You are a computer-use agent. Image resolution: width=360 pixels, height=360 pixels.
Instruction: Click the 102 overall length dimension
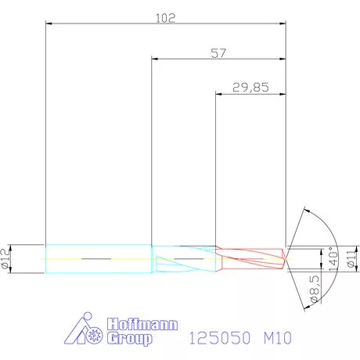tap(166, 16)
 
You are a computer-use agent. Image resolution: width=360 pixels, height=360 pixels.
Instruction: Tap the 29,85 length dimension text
tap(250, 88)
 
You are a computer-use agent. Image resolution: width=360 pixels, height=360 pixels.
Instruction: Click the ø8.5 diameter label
tap(313, 290)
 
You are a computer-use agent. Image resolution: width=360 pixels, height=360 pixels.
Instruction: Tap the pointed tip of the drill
tap(286, 257)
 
